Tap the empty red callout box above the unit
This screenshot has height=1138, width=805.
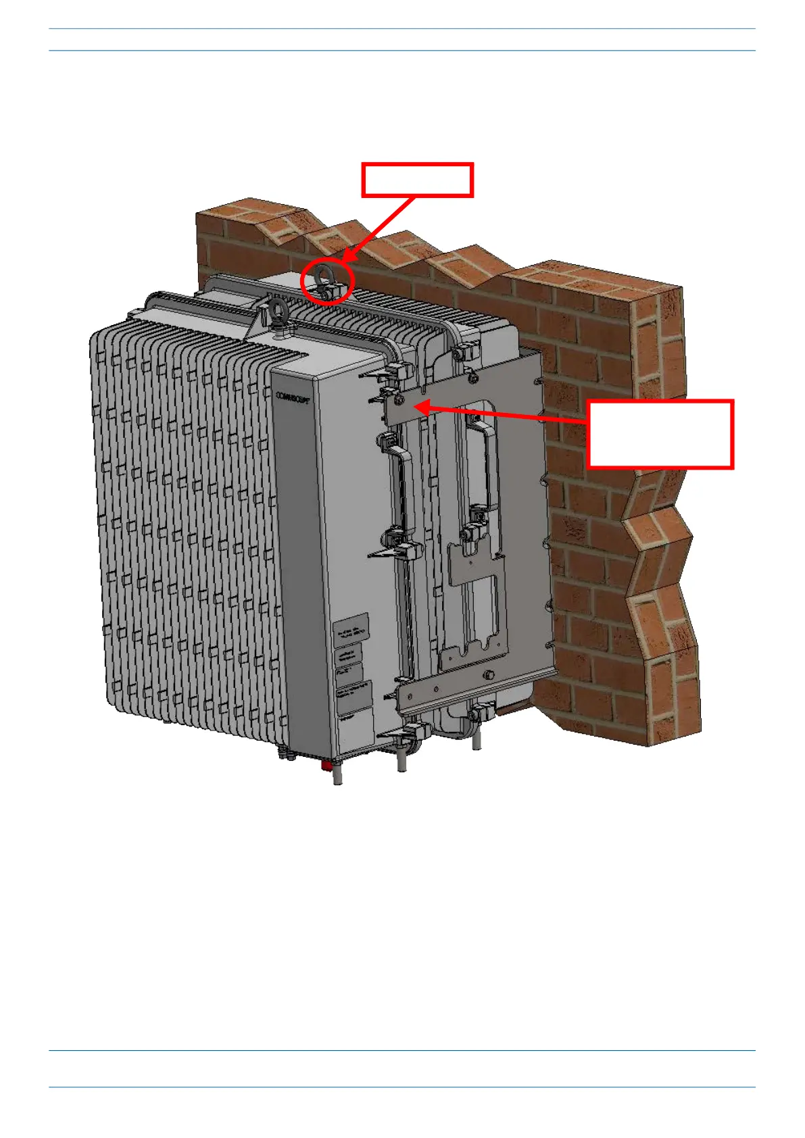pos(417,180)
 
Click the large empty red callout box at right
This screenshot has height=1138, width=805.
pos(660,434)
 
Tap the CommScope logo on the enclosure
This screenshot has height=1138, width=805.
pos(292,397)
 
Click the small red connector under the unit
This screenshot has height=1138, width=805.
pos(326,766)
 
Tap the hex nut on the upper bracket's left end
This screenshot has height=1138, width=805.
pos(399,400)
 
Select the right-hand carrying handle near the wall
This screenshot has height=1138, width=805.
pos(481,466)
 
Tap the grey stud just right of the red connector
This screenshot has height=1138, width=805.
pos(337,774)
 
